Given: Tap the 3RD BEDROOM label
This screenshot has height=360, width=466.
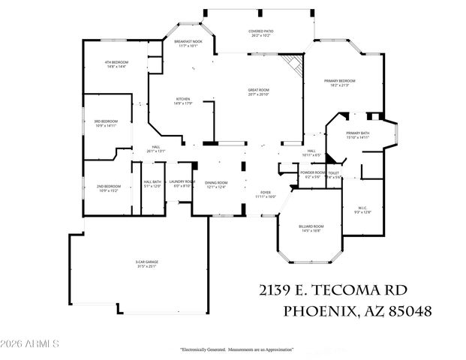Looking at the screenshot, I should pyautogui.click(x=107, y=123).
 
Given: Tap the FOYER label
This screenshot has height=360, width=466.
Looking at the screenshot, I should pyautogui.click(x=265, y=194).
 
